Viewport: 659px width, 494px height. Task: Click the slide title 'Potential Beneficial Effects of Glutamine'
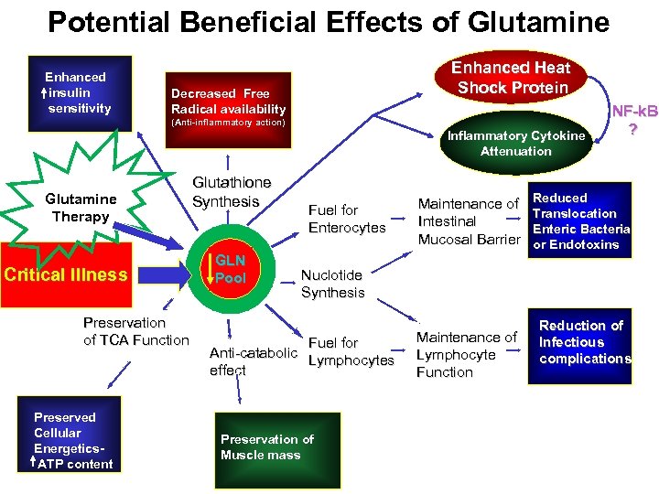point(329,22)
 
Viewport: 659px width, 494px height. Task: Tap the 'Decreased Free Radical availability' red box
point(227,102)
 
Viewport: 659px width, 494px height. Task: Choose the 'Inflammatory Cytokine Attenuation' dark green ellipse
point(515,144)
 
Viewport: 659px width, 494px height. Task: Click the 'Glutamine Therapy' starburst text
point(81,208)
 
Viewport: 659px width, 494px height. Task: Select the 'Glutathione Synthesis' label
point(231,192)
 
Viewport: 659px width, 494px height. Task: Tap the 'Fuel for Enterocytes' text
point(346,219)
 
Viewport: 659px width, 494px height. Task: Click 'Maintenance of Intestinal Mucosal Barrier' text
point(468,221)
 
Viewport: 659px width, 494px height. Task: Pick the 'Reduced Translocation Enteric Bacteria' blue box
point(580,220)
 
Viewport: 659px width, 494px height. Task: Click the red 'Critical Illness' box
point(67,274)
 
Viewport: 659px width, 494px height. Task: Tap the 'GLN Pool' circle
point(230,269)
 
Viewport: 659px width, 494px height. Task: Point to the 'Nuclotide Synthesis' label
point(332,284)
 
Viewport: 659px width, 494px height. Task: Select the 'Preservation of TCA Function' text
point(135,331)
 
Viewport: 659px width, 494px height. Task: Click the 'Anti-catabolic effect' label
point(253,361)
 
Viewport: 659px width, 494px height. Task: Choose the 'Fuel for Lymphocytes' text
point(351,351)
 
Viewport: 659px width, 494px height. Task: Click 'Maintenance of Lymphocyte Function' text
point(466,355)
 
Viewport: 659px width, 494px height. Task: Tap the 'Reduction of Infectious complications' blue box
point(582,341)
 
